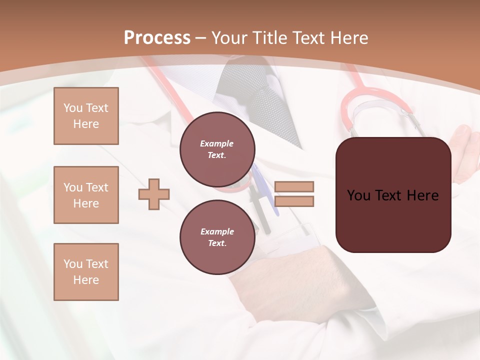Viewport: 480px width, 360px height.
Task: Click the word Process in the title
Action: pos(157,38)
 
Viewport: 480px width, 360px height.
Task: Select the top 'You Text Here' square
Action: pos(86,116)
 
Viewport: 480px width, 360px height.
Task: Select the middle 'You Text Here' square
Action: pos(86,195)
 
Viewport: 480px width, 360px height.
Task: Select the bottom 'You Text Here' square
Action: pos(86,272)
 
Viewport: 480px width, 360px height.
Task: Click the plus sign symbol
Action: pos(154,194)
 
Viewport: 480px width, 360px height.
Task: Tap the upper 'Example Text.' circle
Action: pos(217,149)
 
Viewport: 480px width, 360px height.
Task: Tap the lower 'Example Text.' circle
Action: pos(217,237)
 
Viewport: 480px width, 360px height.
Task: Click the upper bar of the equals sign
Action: pos(294,186)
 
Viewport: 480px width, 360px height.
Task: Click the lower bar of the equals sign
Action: pos(294,201)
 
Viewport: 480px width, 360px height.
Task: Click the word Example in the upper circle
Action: pos(216,143)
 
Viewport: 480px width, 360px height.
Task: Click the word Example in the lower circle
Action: pos(217,231)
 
